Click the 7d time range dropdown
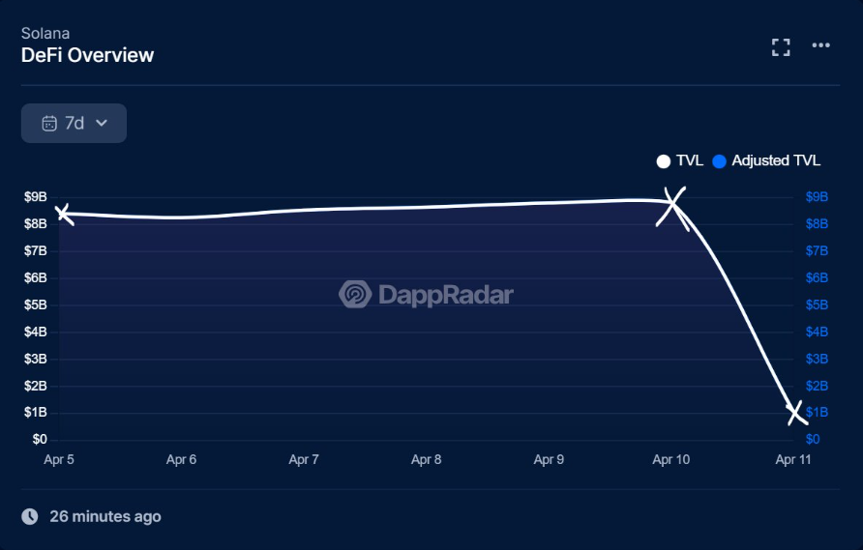[74, 123]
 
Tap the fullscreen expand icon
[781, 47]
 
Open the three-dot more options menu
[821, 45]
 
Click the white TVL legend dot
[664, 161]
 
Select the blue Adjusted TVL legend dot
[719, 161]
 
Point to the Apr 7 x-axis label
[304, 460]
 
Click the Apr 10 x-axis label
[671, 460]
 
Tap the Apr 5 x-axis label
[59, 460]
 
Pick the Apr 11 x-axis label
[793, 460]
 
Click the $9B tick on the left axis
[35, 197]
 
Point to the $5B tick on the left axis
[35, 304]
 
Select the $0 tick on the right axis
[813, 440]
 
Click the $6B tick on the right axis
[817, 277]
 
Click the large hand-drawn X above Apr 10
[672, 207]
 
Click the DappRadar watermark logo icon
[355, 294]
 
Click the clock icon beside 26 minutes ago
[30, 516]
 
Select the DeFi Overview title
[87, 55]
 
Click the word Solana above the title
[45, 33]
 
